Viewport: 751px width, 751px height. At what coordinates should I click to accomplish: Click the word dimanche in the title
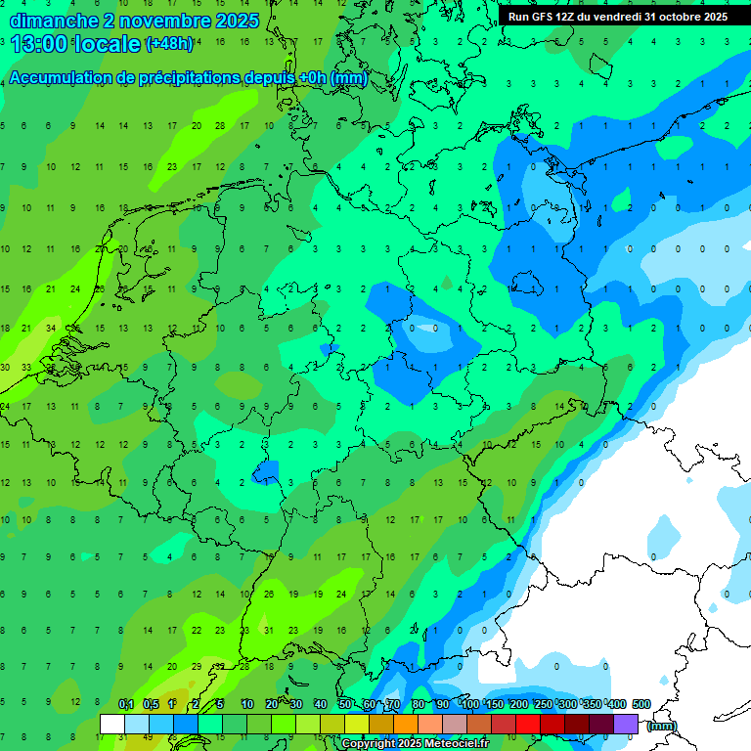coord(53,21)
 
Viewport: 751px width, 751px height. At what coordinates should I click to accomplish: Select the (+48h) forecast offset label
coord(169,44)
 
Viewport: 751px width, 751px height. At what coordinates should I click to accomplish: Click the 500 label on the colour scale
coord(641,704)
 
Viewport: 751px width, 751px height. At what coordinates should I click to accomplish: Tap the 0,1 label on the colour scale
coord(125,704)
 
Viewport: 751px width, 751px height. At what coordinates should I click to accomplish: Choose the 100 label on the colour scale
coord(470,704)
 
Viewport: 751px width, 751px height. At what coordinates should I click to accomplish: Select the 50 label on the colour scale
coord(345,704)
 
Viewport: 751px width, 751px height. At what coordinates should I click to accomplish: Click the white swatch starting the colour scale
coord(112,724)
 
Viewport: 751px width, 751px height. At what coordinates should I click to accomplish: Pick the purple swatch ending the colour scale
coord(626,724)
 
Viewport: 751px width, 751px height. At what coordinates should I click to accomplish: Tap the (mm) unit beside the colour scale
coord(662,726)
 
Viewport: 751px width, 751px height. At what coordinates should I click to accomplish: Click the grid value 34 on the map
coord(50,329)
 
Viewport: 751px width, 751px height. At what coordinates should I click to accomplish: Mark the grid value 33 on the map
coord(26,368)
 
